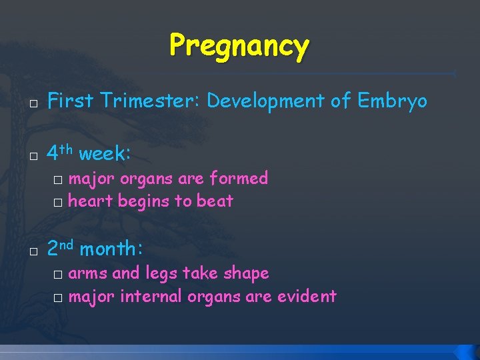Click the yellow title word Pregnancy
[x=239, y=45]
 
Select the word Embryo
[x=392, y=101]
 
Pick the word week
[x=104, y=154]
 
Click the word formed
[x=239, y=178]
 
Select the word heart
[x=91, y=201]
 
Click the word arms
[x=88, y=273]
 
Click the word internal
[x=151, y=296]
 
